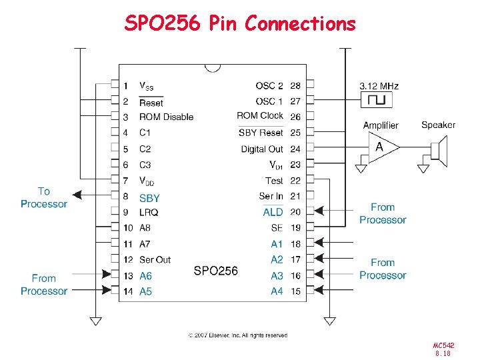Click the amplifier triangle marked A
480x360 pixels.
[381, 147]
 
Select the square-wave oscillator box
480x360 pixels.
[377, 100]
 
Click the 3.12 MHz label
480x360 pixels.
[379, 86]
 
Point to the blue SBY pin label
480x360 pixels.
[149, 198]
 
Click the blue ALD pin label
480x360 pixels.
[273, 212]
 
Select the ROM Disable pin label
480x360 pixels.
[166, 117]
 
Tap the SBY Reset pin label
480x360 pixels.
[261, 133]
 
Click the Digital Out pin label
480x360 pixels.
[262, 149]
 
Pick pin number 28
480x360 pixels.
[295, 86]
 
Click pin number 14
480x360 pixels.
[127, 291]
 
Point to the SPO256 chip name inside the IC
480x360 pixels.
[215, 271]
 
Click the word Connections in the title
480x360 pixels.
[300, 24]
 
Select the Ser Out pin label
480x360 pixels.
[155, 259]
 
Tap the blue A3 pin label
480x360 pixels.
[277, 275]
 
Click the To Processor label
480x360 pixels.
[44, 198]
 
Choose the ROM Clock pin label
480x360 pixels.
[260, 116]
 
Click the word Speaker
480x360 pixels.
[438, 125]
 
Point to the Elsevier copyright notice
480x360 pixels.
[238, 335]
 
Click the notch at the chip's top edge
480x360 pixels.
[213, 67]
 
